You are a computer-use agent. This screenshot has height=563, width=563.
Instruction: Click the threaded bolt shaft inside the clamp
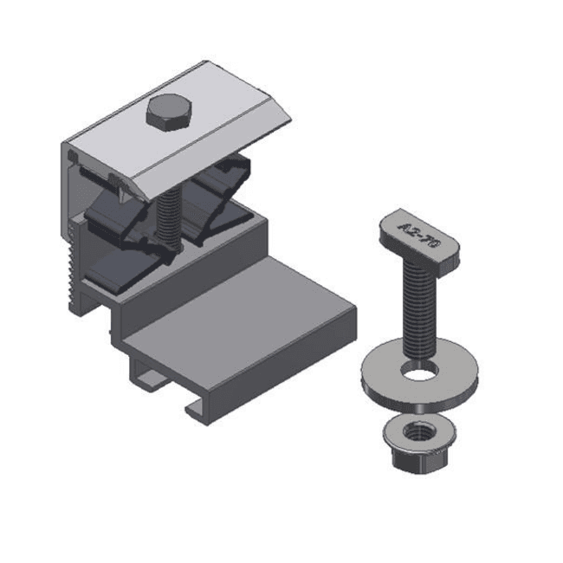168,217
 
